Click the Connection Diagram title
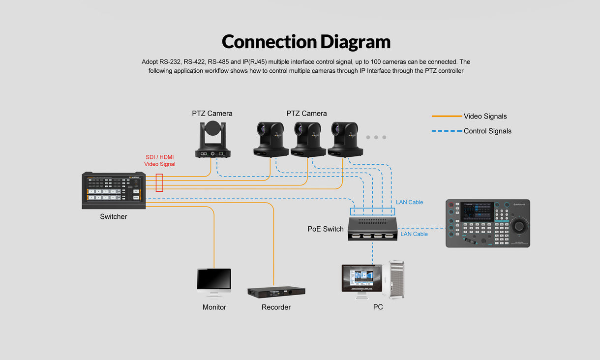[306, 42]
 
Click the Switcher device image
[114, 190]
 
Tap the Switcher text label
[114, 217]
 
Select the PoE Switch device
[373, 229]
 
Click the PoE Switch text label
[326, 229]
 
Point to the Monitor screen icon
[214, 282]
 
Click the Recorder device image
[276, 292]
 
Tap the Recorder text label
[276, 307]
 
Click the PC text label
[378, 307]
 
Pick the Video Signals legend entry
[485, 117]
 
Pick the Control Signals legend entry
[487, 131]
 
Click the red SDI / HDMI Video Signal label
[159, 161]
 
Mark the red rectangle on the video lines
[159, 182]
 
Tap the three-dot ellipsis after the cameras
[376, 137]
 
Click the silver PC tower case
[396, 280]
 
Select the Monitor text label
[214, 307]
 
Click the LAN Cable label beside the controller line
[414, 234]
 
